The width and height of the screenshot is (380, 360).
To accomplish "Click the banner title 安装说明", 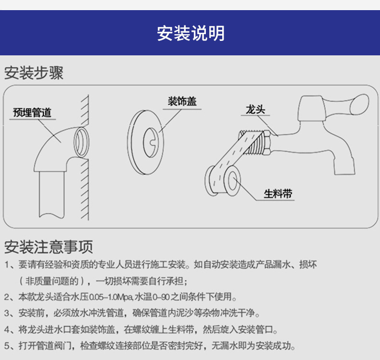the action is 190,33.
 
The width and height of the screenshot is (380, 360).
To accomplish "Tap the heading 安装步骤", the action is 34,73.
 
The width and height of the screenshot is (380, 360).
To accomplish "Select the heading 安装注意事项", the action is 48,247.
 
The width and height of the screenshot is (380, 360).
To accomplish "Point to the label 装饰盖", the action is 182,101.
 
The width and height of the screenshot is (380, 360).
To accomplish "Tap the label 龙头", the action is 255,110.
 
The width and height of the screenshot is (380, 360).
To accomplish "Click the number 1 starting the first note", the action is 7,265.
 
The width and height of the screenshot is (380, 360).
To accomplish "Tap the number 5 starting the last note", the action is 7,346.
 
